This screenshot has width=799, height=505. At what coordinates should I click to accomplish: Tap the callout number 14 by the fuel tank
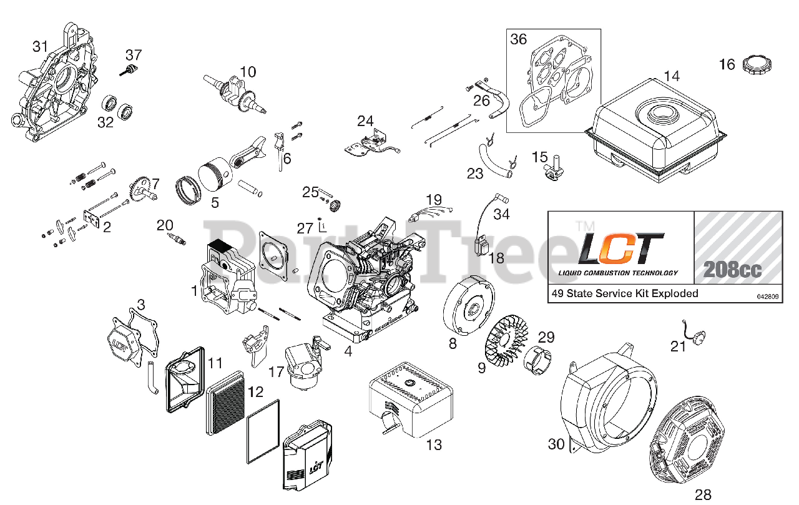pyautogui.click(x=672, y=76)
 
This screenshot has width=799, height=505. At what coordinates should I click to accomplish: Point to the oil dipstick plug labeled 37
pyautogui.click(x=130, y=69)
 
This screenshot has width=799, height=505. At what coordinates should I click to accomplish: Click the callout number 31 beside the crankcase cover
pyautogui.click(x=41, y=46)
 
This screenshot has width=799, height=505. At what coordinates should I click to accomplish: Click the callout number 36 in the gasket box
pyautogui.click(x=519, y=39)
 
